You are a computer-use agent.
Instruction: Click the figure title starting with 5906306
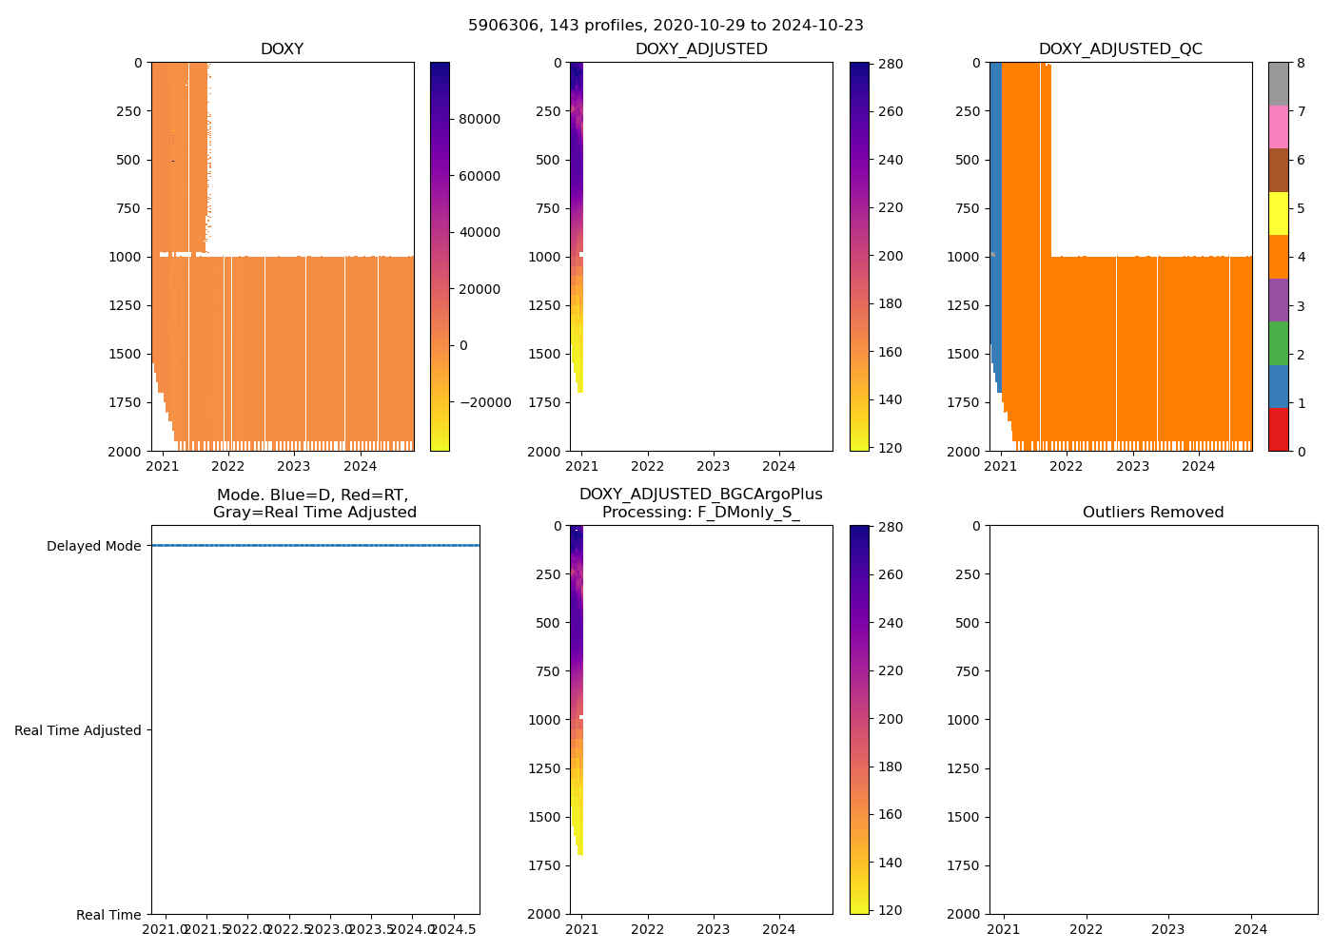pyautogui.click(x=665, y=26)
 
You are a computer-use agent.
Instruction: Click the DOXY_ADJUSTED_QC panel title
pyautogui.click(x=1120, y=49)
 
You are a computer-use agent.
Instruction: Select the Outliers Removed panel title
pyautogui.click(x=1152, y=513)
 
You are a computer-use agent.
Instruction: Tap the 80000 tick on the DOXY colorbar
pyautogui.click(x=480, y=119)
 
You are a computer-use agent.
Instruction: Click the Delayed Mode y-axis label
pyautogui.click(x=93, y=546)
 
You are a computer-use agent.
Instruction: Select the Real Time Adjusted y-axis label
pyautogui.click(x=78, y=730)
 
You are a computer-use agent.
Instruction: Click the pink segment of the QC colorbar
pyautogui.click(x=1278, y=126)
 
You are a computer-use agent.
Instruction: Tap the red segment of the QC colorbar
pyautogui.click(x=1278, y=429)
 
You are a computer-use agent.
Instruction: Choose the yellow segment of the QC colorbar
pyautogui.click(x=1278, y=213)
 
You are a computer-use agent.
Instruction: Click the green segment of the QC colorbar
pyautogui.click(x=1278, y=342)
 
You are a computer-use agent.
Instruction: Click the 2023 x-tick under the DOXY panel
pyautogui.click(x=293, y=466)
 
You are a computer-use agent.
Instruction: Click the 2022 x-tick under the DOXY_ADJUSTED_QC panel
pyautogui.click(x=1066, y=466)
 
